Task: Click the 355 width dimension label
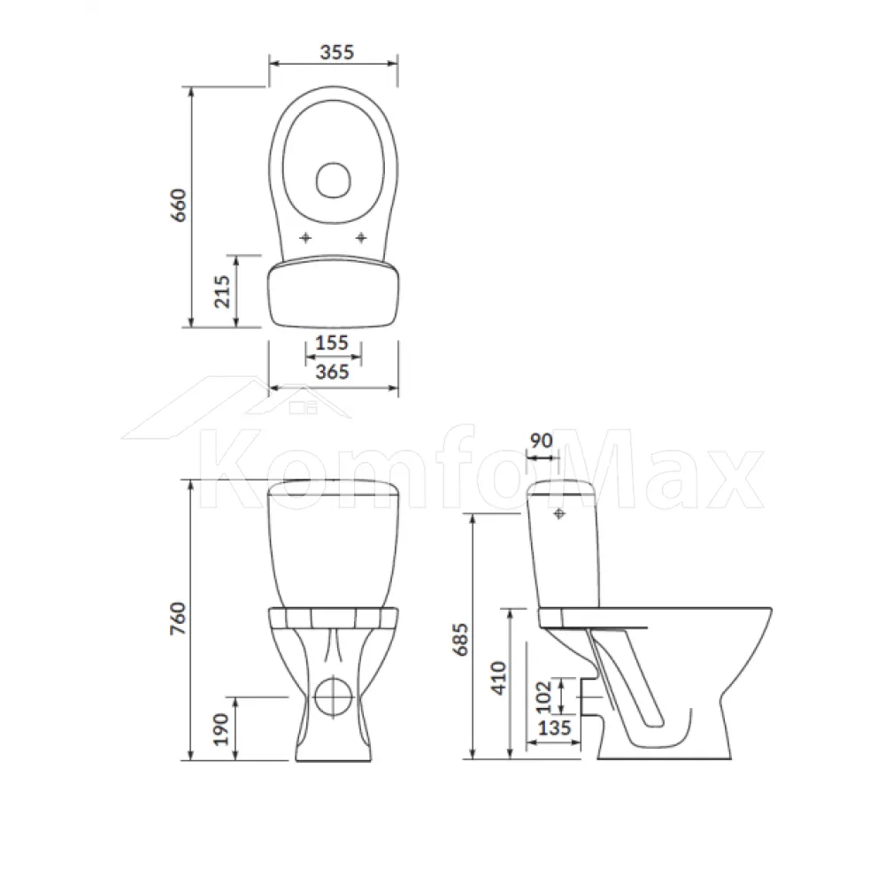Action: point(337,52)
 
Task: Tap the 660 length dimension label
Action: point(179,205)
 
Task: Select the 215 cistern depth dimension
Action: point(222,291)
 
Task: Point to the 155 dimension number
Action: point(331,342)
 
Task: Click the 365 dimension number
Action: point(332,372)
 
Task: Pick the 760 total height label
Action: point(179,619)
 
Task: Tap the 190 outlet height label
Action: point(222,728)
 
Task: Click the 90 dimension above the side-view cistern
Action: point(542,440)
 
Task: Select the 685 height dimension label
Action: point(461,640)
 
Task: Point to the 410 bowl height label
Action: point(499,678)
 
